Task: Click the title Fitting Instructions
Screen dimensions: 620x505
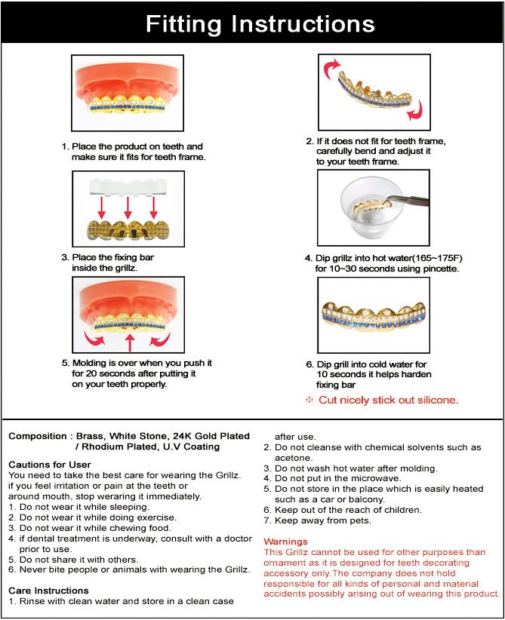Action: [260, 23]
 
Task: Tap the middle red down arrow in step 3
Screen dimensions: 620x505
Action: [128, 206]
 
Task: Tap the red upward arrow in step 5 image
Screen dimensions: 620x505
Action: [129, 344]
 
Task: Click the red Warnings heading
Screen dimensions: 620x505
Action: [285, 542]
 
